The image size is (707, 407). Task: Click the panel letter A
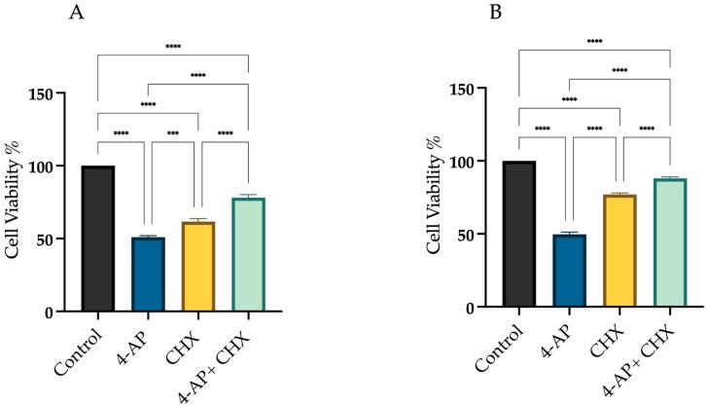coord(75,14)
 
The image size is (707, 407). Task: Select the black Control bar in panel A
coord(97,239)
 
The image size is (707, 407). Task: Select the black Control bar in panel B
coord(519,235)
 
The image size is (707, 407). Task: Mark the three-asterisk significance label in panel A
coord(173,134)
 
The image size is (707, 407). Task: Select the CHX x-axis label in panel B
coord(613,336)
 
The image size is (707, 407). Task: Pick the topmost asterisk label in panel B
coord(595,41)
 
